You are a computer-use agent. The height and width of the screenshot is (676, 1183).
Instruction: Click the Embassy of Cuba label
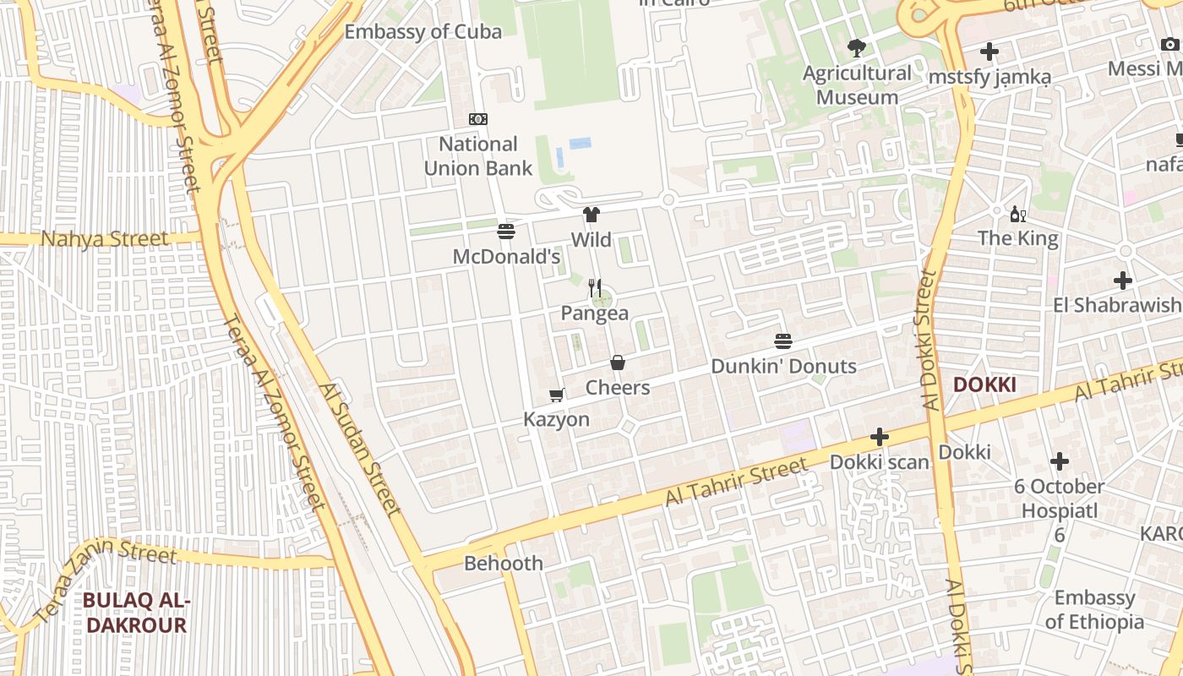pos(423,32)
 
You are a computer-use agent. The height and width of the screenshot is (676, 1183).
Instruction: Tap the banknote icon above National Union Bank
pos(478,119)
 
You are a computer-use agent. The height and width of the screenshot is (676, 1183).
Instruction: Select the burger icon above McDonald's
pos(506,232)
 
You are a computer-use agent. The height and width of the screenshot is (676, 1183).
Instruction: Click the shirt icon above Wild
pos(591,215)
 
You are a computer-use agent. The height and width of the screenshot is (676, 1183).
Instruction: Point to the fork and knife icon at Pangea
pos(595,288)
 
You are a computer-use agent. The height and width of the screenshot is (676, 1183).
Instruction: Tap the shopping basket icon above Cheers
pos(618,363)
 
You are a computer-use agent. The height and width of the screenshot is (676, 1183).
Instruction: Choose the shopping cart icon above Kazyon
pos(557,395)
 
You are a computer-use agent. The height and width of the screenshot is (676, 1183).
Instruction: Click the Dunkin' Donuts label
pos(783,367)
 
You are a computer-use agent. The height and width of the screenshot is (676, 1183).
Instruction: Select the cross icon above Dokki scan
pos(880,437)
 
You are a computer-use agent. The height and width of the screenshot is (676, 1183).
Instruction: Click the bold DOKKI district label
pos(984,385)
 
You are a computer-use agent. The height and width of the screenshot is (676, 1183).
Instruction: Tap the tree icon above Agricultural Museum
pos(857,47)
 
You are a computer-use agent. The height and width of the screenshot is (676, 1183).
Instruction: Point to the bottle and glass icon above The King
pos(1018,214)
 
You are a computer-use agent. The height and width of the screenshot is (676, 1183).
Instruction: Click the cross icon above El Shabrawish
pos(1122,280)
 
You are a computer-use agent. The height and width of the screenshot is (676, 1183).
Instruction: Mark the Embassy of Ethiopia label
pos(1094,610)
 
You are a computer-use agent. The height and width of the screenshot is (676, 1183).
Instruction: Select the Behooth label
pos(504,563)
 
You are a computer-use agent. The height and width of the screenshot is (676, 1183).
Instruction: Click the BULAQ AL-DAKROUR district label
pos(135,613)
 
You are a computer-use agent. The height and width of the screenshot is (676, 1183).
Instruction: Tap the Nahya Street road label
pos(105,239)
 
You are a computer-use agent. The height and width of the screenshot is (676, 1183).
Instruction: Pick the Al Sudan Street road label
pos(359,450)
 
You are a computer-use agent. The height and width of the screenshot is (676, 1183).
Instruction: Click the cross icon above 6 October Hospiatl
pos(1060,461)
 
